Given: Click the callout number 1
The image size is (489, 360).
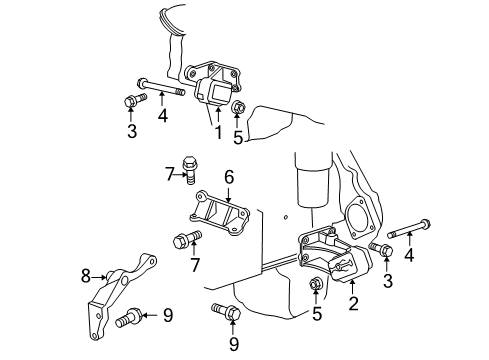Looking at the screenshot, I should [x=218, y=131].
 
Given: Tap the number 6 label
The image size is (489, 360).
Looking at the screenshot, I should [x=228, y=176].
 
